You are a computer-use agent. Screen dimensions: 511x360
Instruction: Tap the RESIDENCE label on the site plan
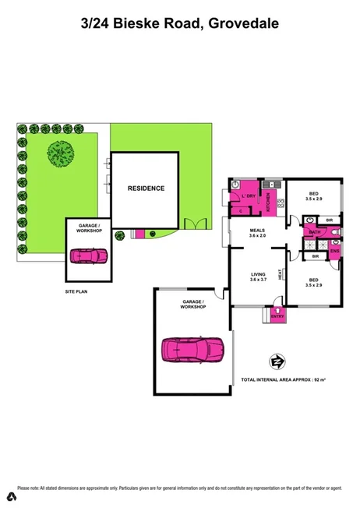click(x=146, y=188)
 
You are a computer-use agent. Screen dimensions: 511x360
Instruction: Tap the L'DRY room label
click(x=249, y=196)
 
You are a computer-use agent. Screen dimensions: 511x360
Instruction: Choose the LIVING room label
click(x=258, y=276)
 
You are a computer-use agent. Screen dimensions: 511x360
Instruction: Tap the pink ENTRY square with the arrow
click(x=278, y=315)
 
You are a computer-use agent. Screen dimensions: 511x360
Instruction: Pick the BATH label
click(x=314, y=232)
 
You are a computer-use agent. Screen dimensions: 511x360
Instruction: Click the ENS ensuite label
click(x=334, y=251)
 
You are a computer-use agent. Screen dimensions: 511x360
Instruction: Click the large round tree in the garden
click(x=61, y=153)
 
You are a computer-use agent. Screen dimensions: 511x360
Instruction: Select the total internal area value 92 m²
click(x=319, y=379)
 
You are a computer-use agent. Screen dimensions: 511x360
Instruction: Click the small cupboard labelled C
click(x=241, y=210)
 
